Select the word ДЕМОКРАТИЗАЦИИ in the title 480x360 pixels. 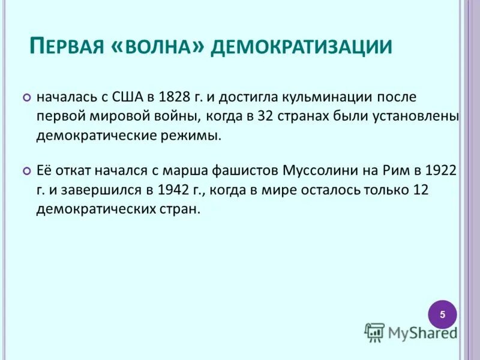[x=301, y=46]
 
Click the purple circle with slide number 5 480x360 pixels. [x=442, y=314]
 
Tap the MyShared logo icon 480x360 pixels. [x=374, y=332]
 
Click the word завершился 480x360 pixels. [x=104, y=190]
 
